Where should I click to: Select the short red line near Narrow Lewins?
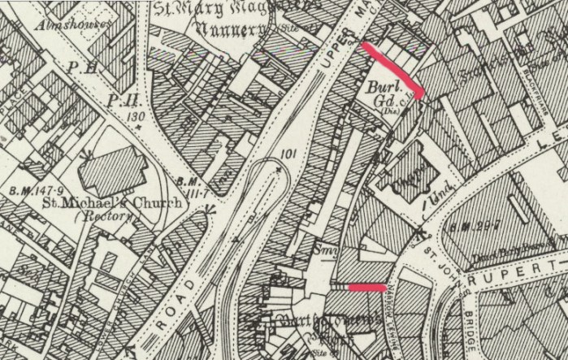tap(366, 287)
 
